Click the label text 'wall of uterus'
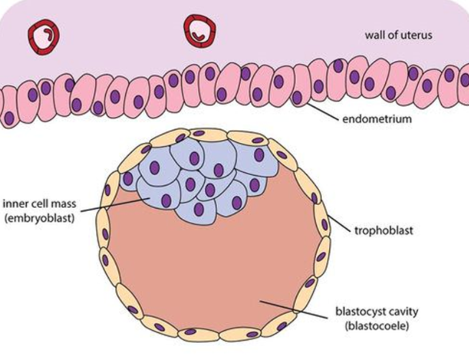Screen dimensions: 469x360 [x=398, y=35]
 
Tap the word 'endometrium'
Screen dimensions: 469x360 [x=377, y=119]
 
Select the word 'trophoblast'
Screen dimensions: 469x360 [x=384, y=231]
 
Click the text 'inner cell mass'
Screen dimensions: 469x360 [x=39, y=204]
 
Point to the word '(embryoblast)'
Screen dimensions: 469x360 [x=39, y=218]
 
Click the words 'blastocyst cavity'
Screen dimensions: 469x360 [x=377, y=312]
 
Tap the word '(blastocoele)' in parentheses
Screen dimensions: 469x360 [x=377, y=326]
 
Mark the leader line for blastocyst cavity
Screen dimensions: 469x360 [x=293, y=310]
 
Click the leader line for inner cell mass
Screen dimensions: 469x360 [x=115, y=205]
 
